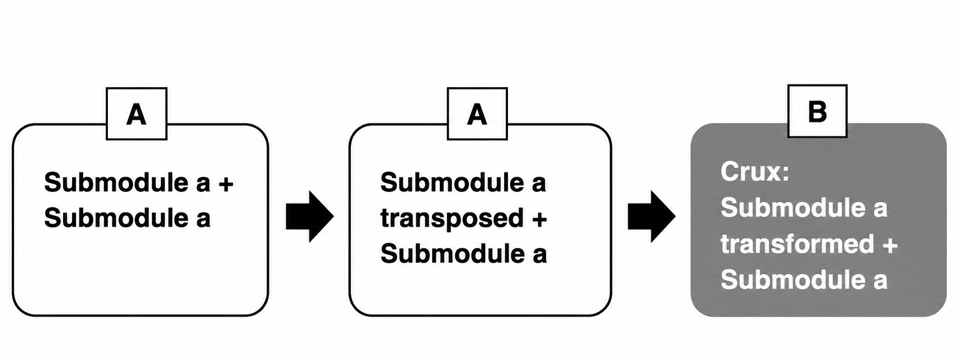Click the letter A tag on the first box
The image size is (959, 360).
136,113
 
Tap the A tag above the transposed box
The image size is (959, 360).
477,113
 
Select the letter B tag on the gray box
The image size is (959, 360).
817,111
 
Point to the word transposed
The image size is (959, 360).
452,219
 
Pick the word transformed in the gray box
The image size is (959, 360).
797,244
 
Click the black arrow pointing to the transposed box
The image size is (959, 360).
310,216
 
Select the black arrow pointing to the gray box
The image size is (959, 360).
652,216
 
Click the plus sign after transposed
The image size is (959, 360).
539,219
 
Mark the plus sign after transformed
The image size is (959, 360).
890,245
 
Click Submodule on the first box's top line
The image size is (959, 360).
116,182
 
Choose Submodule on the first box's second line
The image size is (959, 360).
116,218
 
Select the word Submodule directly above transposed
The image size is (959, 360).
453,182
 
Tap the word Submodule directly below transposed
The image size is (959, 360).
453,254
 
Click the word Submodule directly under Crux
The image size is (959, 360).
793,208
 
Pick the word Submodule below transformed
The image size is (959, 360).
793,280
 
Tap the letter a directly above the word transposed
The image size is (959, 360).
539,184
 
